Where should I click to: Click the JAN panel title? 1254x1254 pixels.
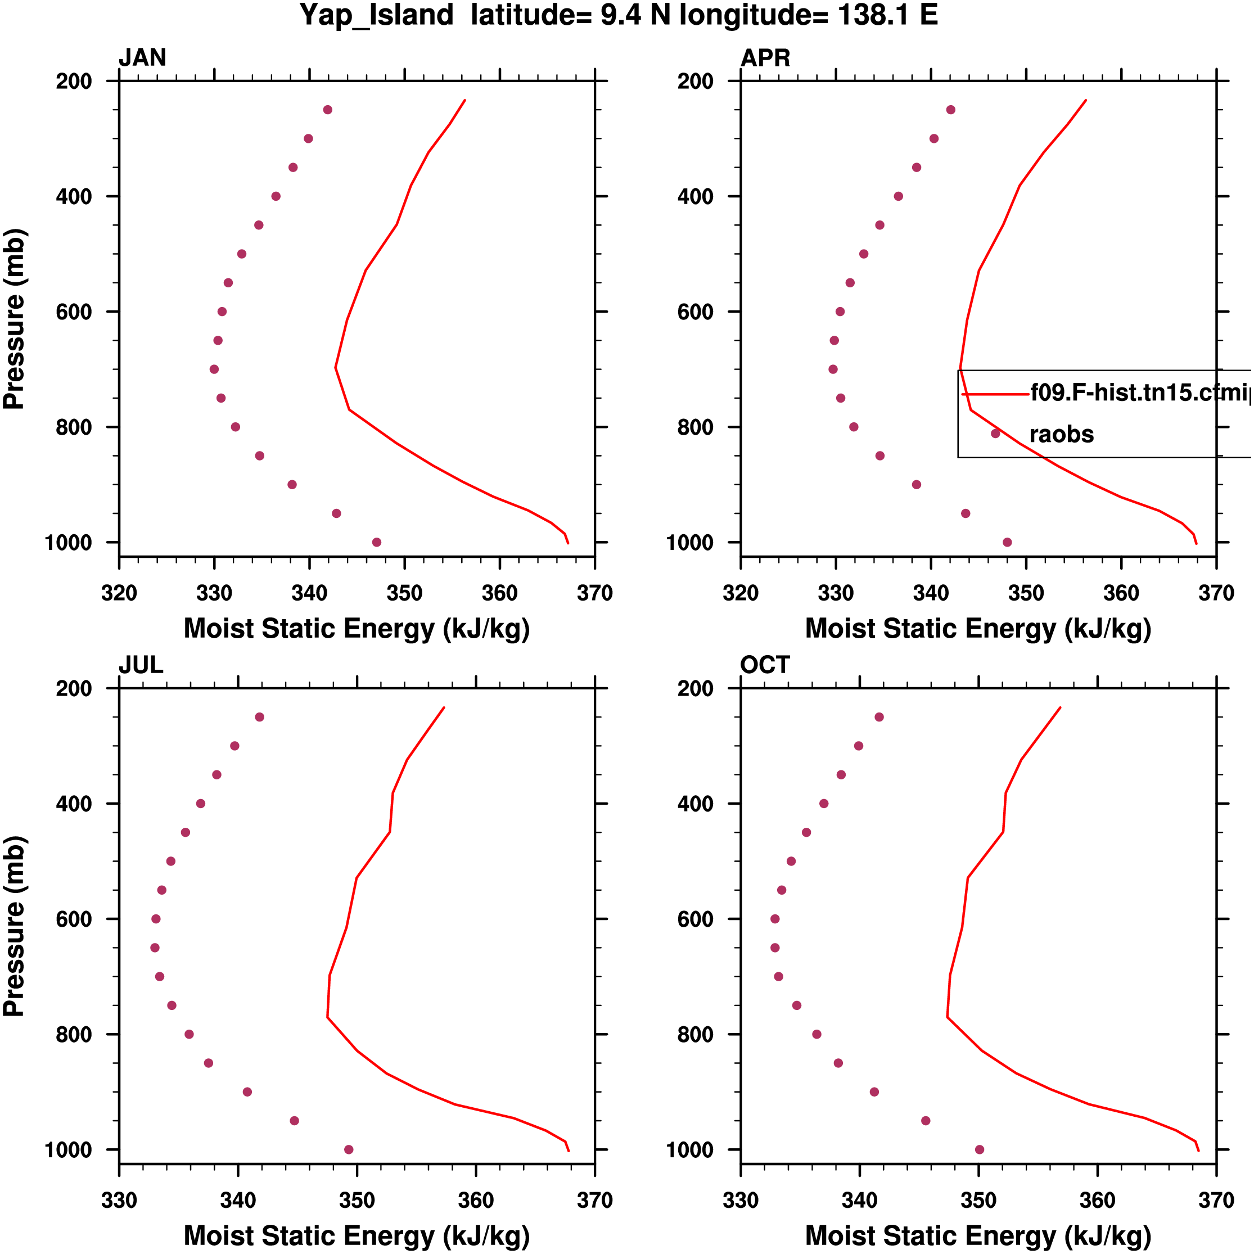click(x=142, y=58)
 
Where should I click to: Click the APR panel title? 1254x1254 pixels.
click(x=765, y=58)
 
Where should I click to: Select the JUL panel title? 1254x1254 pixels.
click(x=141, y=665)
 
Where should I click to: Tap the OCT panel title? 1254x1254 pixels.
click(x=765, y=665)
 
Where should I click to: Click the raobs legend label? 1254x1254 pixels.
click(x=1061, y=434)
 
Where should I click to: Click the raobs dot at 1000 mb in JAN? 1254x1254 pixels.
click(x=376, y=542)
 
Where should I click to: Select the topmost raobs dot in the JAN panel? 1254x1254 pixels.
click(x=328, y=110)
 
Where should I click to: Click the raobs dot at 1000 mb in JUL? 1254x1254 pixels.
click(x=349, y=1149)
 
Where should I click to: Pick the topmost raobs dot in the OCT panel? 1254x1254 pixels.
click(x=879, y=717)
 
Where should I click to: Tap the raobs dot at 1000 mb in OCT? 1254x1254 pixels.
click(x=980, y=1149)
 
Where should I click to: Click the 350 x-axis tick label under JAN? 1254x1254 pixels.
click(x=404, y=593)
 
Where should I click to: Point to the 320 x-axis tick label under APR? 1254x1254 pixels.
click(x=741, y=593)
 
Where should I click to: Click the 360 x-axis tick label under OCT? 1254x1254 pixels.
click(x=1097, y=1201)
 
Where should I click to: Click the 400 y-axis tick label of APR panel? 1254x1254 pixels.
click(x=696, y=197)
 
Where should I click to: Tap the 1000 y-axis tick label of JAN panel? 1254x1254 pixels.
click(x=68, y=543)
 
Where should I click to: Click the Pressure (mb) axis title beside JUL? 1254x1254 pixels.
click(x=14, y=926)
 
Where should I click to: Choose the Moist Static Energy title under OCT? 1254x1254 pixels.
click(x=978, y=1236)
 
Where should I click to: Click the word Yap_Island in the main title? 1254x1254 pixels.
click(x=376, y=16)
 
